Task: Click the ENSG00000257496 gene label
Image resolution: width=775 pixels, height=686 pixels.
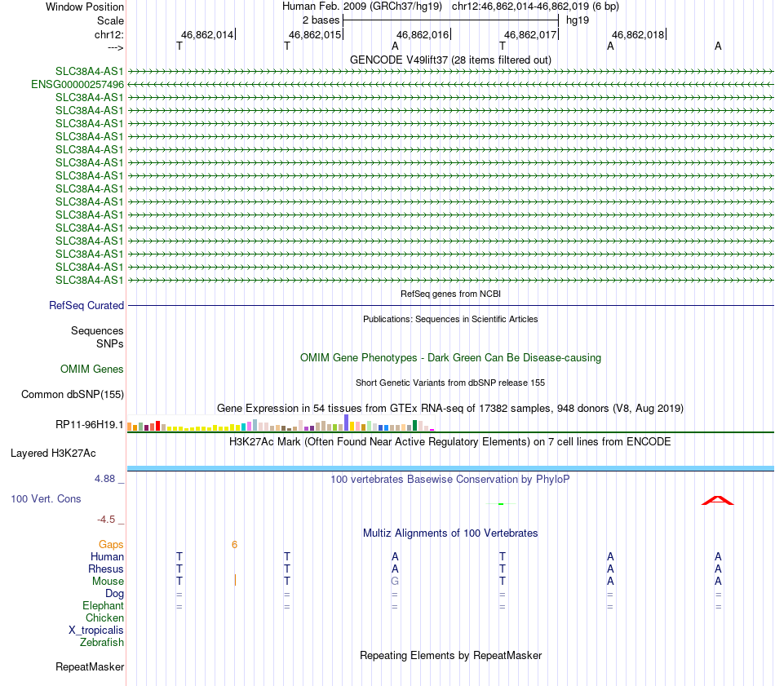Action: pyautogui.click(x=77, y=84)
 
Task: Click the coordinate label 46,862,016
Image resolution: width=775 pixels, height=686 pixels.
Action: pyautogui.click(x=423, y=34)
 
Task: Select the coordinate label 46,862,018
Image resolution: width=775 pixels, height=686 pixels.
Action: pyautogui.click(x=639, y=34)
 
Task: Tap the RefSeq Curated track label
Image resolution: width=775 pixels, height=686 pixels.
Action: pyautogui.click(x=86, y=305)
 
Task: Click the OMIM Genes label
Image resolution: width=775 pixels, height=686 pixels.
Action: pyautogui.click(x=92, y=369)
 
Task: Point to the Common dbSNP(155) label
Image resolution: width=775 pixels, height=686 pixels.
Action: pyautogui.click(x=72, y=395)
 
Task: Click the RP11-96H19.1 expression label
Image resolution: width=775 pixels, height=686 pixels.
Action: pyautogui.click(x=90, y=424)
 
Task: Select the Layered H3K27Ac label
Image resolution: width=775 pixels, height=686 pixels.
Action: pyautogui.click(x=53, y=453)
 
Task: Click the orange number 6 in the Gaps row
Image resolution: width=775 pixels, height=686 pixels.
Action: pyautogui.click(x=234, y=544)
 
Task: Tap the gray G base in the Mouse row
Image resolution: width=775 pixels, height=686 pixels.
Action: pyautogui.click(x=395, y=581)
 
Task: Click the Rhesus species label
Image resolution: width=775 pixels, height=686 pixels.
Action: pyautogui.click(x=106, y=569)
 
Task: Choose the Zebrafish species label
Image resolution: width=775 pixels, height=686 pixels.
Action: pyautogui.click(x=102, y=642)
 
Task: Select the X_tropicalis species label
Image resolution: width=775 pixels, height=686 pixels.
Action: pyautogui.click(x=96, y=630)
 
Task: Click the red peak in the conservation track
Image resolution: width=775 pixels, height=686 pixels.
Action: pyautogui.click(x=718, y=500)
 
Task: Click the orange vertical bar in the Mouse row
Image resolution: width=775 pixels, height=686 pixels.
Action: pyautogui.click(x=235, y=580)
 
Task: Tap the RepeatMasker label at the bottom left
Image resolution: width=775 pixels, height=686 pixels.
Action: pyautogui.click(x=90, y=666)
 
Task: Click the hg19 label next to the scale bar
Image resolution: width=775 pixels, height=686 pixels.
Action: pyautogui.click(x=578, y=20)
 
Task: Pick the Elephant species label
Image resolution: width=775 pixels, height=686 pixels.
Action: pyautogui.click(x=103, y=605)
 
